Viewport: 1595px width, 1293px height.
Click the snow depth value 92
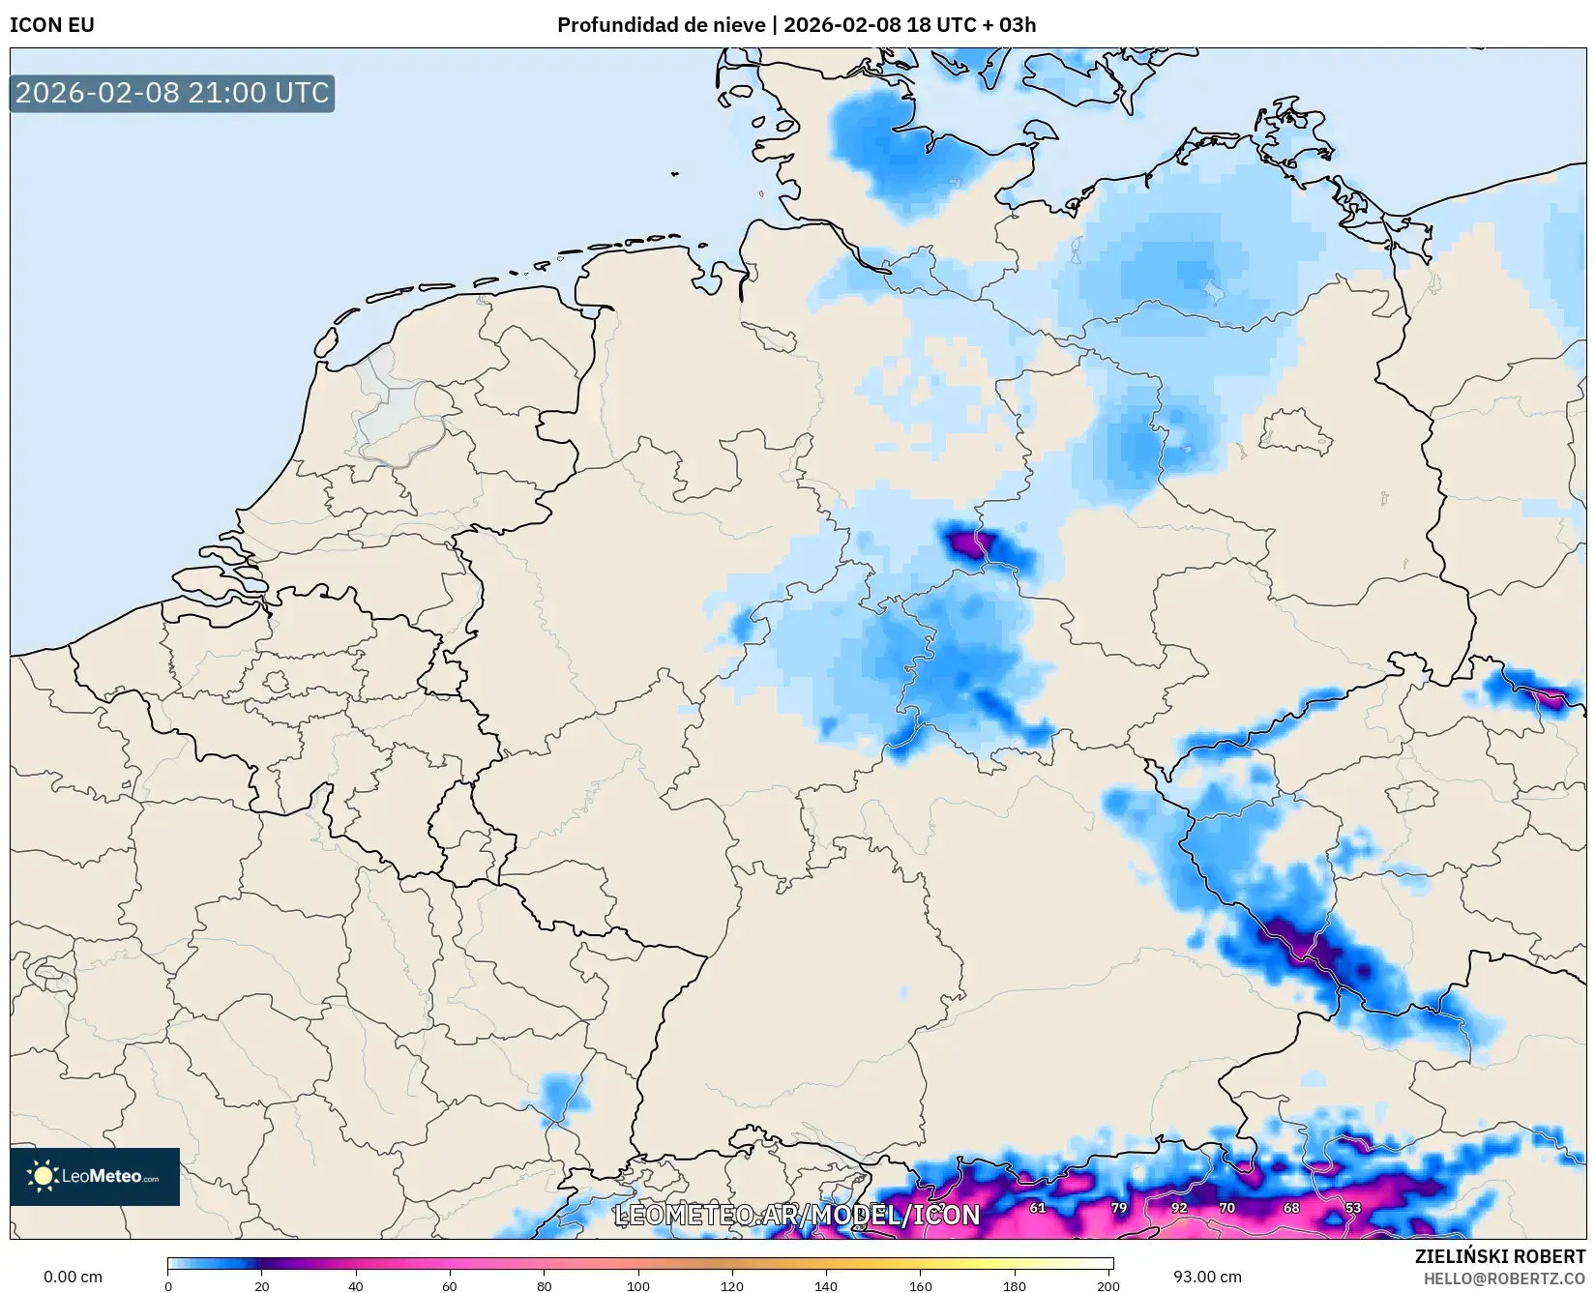1178,1208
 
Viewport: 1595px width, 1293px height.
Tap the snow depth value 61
1037,1208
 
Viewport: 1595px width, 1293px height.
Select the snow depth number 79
1119,1208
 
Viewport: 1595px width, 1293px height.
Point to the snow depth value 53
1352,1208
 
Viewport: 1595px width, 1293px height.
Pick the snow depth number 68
1291,1208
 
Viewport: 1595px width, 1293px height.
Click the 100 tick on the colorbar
638,1285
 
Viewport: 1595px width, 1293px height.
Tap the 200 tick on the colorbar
1108,1285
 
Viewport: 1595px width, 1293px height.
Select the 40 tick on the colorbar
356,1285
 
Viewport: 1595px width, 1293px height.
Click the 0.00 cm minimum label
73,1277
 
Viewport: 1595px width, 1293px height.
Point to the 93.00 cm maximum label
1207,1277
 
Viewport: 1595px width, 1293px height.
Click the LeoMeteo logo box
95,1176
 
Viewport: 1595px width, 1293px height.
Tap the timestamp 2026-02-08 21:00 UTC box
172,93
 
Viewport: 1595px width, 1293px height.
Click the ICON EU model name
52,25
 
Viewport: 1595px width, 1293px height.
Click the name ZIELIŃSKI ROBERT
1500,1256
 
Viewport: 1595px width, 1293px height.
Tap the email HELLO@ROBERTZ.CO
1504,1278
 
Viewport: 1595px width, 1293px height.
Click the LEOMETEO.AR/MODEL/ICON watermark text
797,1215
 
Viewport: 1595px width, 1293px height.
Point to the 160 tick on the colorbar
920,1285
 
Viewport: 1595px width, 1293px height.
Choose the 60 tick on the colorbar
450,1285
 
